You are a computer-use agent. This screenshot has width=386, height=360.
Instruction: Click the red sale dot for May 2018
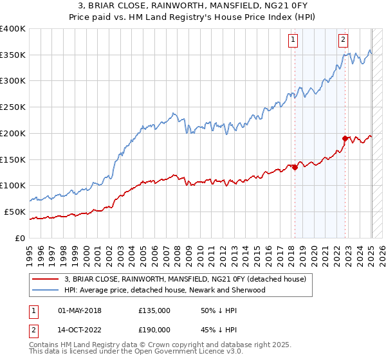[295, 167]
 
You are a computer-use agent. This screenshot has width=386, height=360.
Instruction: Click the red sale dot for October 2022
[345, 138]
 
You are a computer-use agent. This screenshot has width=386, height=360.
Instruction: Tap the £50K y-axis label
[15, 212]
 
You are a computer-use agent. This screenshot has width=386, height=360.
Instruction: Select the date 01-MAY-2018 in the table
[80, 310]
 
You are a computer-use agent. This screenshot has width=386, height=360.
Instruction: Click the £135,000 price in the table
[154, 310]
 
